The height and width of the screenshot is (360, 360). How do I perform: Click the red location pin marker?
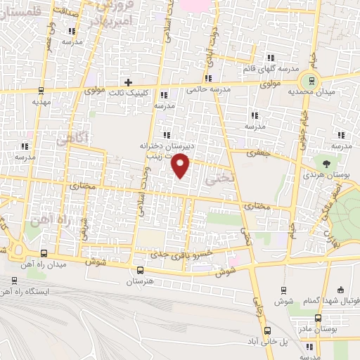coord(181,165)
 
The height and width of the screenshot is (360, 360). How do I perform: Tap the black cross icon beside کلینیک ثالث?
coord(127,82)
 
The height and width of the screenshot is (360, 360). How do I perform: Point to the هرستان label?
coord(140,281)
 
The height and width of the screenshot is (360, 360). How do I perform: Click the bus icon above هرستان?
coord(140,270)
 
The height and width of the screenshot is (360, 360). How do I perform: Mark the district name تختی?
coord(215,179)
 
